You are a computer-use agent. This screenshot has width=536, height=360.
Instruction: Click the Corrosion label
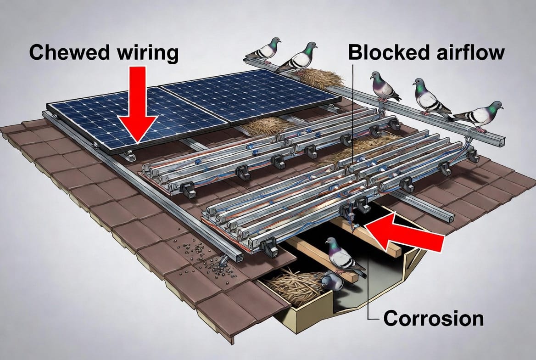[434, 319]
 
